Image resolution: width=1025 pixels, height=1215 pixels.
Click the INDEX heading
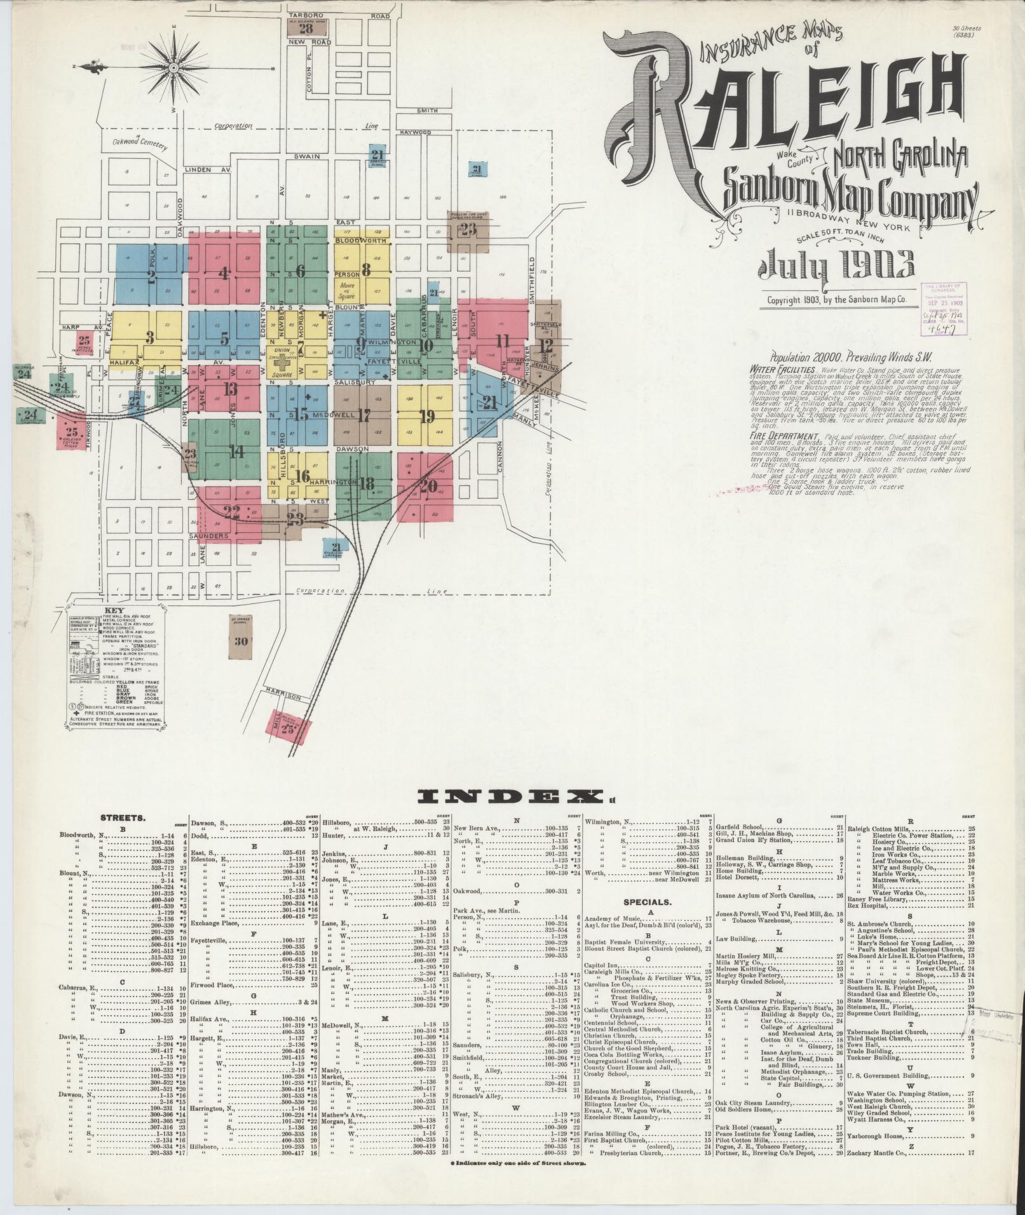click(512, 796)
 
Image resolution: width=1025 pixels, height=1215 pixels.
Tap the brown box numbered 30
click(240, 641)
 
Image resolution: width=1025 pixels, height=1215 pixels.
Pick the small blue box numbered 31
click(477, 168)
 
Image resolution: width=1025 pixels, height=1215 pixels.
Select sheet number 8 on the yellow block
click(365, 269)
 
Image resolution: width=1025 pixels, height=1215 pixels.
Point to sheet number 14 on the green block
click(236, 452)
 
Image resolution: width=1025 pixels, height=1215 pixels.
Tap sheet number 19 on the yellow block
click(426, 417)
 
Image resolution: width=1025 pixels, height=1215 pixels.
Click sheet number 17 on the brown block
click(363, 416)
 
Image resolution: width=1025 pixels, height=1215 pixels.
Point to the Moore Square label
click(348, 290)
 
